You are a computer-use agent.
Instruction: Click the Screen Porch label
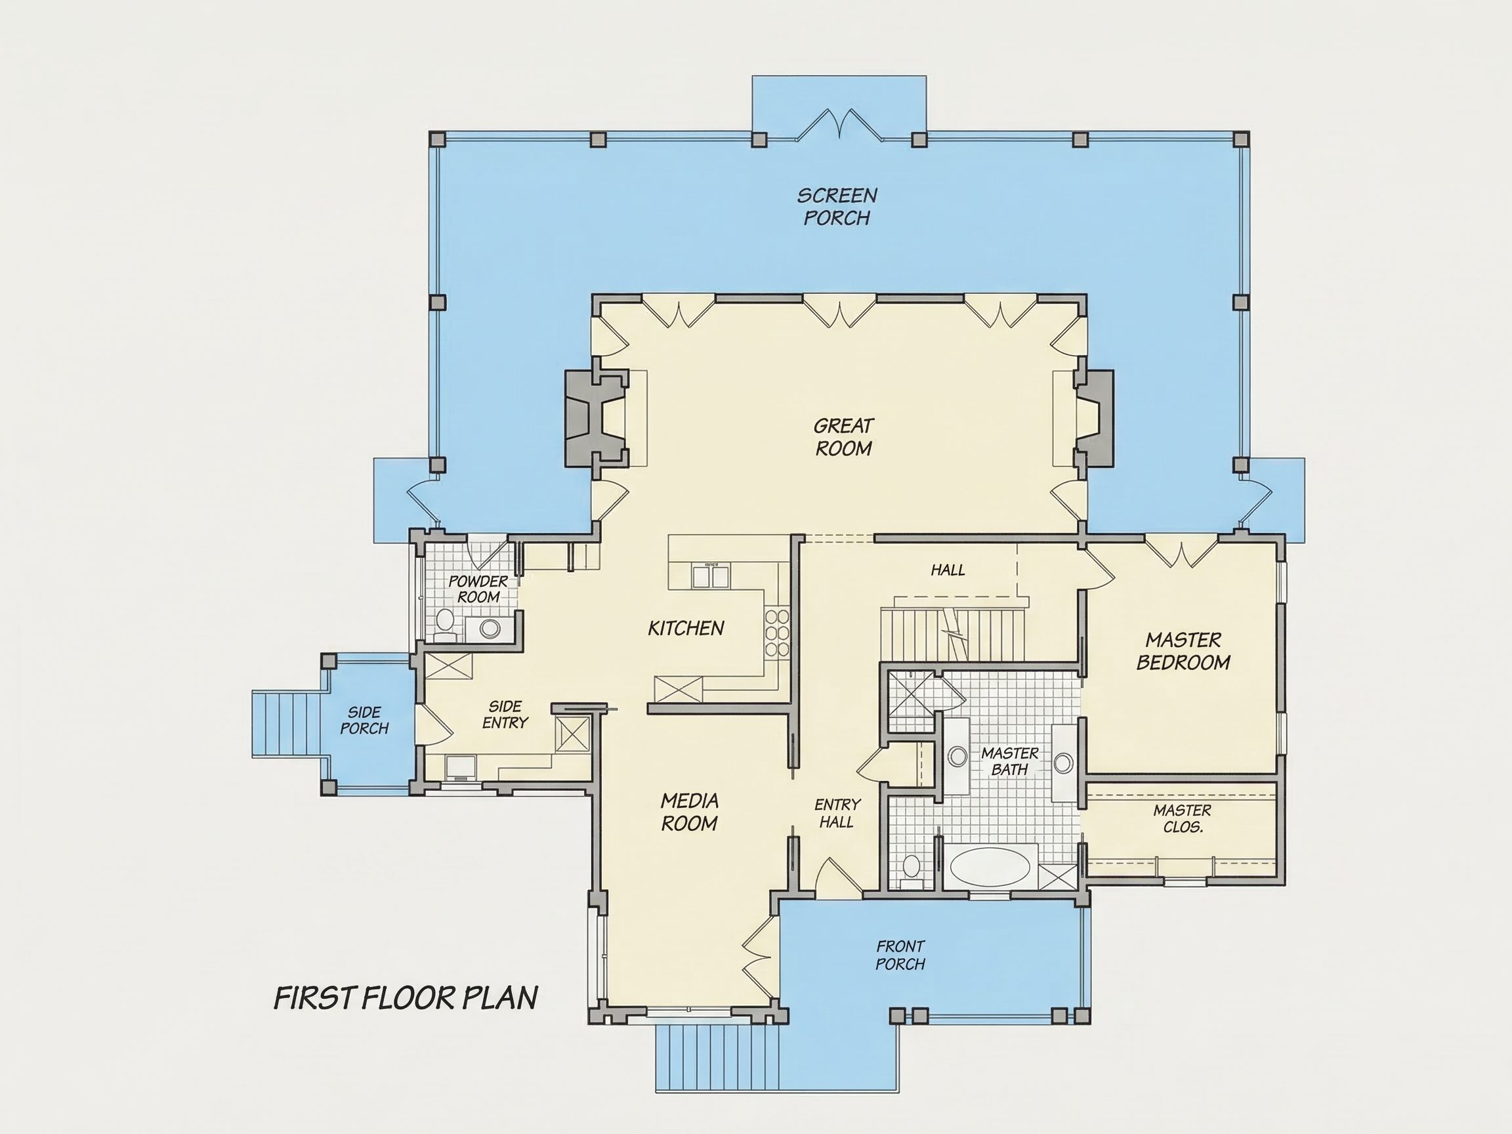[x=837, y=207]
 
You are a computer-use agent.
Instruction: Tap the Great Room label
[x=843, y=437]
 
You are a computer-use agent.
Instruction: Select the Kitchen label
[x=686, y=628]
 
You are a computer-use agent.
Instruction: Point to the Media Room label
[x=689, y=811]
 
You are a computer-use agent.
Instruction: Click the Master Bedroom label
[x=1183, y=651]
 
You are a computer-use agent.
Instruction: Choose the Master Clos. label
[x=1182, y=818]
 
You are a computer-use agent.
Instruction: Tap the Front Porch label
[x=900, y=955]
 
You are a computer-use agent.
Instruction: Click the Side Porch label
[x=364, y=721]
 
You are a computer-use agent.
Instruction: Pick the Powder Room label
[x=478, y=589]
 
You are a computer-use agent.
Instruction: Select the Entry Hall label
[x=837, y=812]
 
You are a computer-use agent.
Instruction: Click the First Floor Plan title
[x=406, y=998]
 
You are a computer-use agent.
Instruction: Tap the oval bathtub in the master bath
[x=990, y=867]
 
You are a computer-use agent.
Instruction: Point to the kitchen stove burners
[x=777, y=633]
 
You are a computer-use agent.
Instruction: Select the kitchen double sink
[x=710, y=576]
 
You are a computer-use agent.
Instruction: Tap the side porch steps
[x=287, y=724]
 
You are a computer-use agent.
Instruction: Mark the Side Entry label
[x=505, y=714]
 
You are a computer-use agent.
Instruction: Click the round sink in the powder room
[x=490, y=627]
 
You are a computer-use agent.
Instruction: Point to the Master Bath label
[x=1009, y=761]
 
